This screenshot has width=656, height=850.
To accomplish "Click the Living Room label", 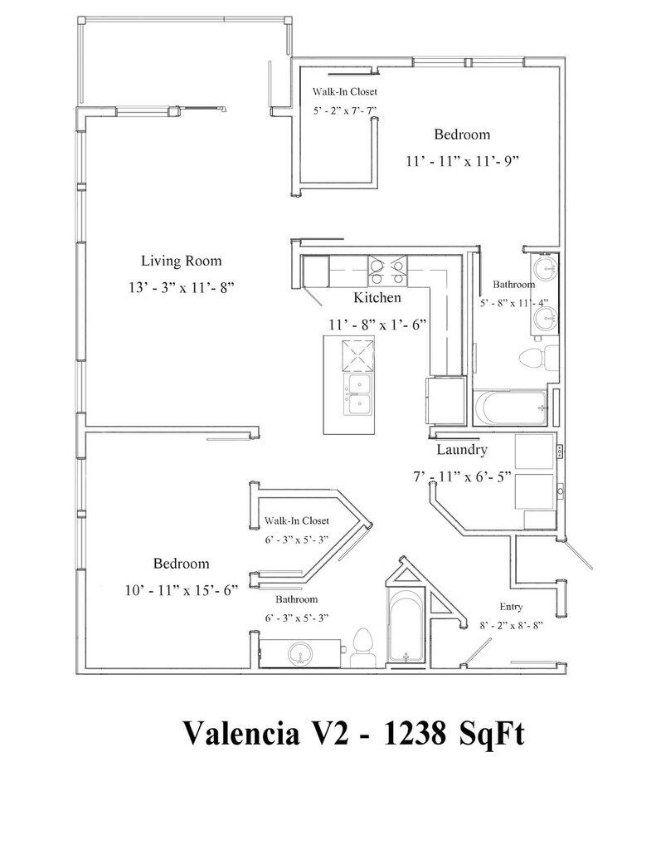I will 181,261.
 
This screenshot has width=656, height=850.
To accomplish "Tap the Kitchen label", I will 377,297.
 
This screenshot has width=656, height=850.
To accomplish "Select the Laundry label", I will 461,451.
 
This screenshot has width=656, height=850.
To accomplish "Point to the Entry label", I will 511,606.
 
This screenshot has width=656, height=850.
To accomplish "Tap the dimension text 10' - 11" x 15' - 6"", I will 180,591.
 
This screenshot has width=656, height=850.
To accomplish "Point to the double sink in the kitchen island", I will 359,393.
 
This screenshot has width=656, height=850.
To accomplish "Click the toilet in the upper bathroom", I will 533,359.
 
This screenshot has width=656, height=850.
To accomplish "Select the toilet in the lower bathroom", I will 361,645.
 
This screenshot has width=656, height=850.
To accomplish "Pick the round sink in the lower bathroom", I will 301,653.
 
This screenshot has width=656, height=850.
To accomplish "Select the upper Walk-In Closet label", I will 343,92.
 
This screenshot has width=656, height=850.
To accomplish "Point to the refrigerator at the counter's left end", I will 316,271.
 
